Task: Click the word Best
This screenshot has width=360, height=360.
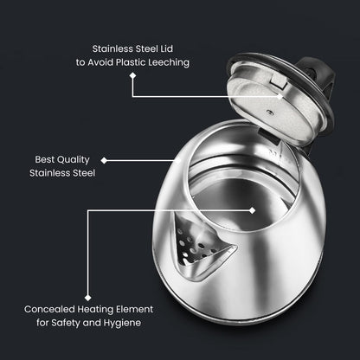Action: tap(44, 160)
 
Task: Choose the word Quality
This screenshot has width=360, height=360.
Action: tap(76, 160)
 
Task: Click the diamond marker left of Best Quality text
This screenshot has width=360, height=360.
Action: tap(104, 160)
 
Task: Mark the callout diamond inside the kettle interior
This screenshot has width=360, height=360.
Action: tap(253, 209)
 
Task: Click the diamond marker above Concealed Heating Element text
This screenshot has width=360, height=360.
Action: tap(87, 294)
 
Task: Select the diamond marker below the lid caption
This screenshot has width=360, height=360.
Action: tap(132, 74)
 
